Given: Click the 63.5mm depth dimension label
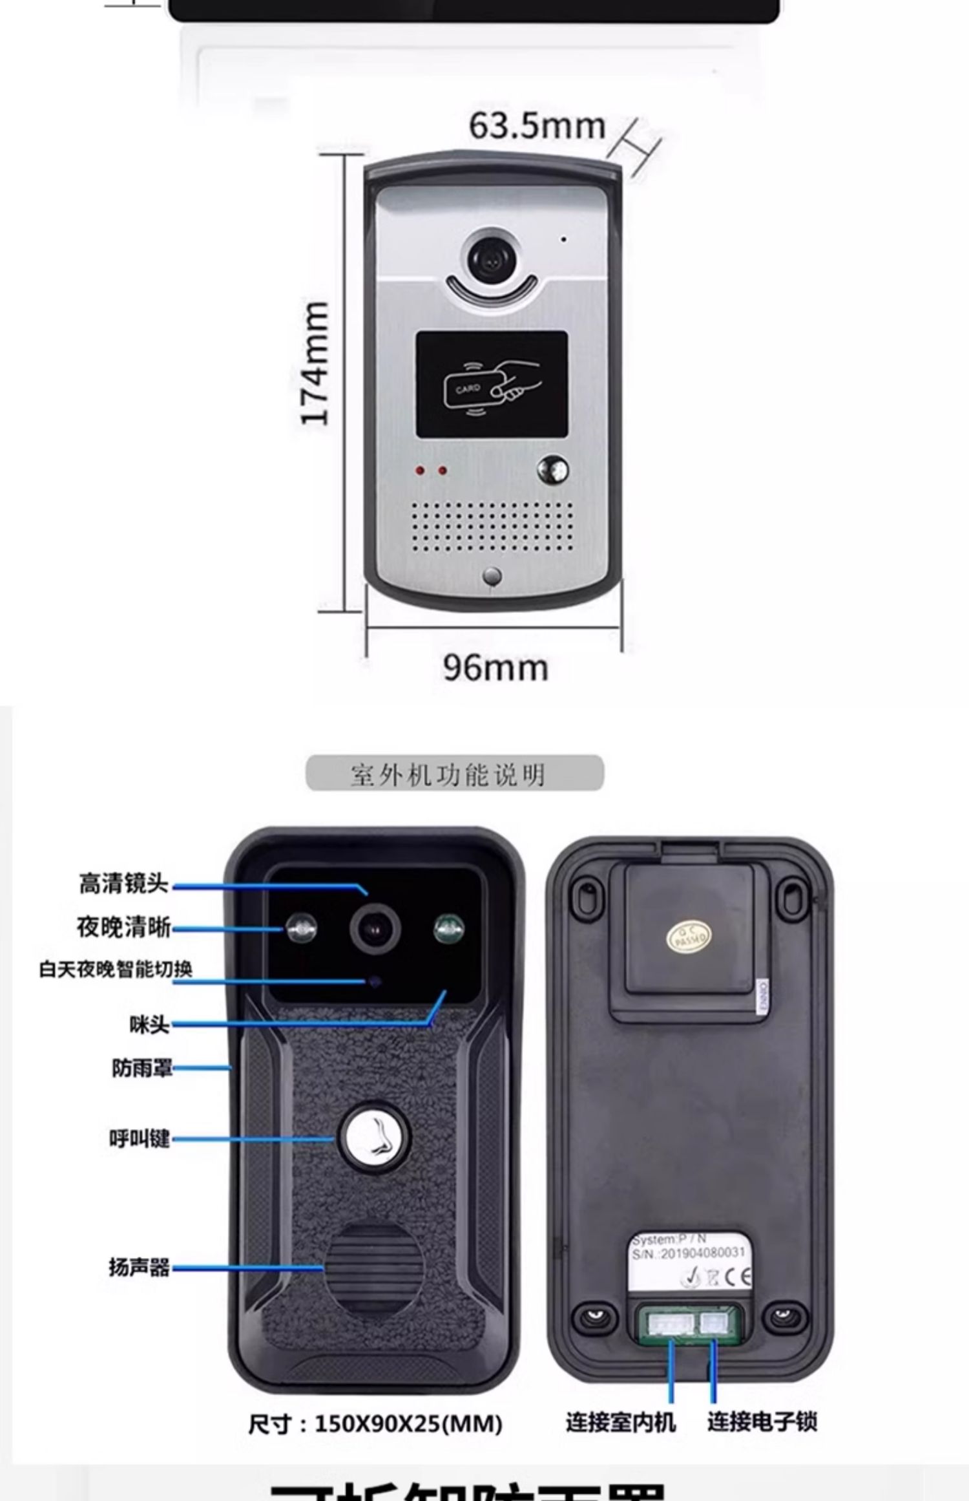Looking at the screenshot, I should pyautogui.click(x=537, y=126).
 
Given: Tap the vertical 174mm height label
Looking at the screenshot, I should pyautogui.click(x=316, y=363).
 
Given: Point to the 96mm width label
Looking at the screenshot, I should pyautogui.click(x=495, y=668).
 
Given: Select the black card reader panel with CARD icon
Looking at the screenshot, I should pyautogui.click(x=492, y=385).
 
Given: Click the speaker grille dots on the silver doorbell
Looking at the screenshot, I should pyautogui.click(x=492, y=526).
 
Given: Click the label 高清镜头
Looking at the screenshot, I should pyautogui.click(x=123, y=884).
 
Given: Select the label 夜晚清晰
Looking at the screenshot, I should pyautogui.click(x=123, y=927).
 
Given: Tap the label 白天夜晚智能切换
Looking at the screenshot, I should pyautogui.click(x=116, y=970).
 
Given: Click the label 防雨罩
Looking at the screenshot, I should pyautogui.click(x=142, y=1068).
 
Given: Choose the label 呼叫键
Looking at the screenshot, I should pyautogui.click(x=140, y=1139).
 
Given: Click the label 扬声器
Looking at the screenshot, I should pyautogui.click(x=139, y=1267).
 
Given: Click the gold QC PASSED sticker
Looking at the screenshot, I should pyautogui.click(x=689, y=937).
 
